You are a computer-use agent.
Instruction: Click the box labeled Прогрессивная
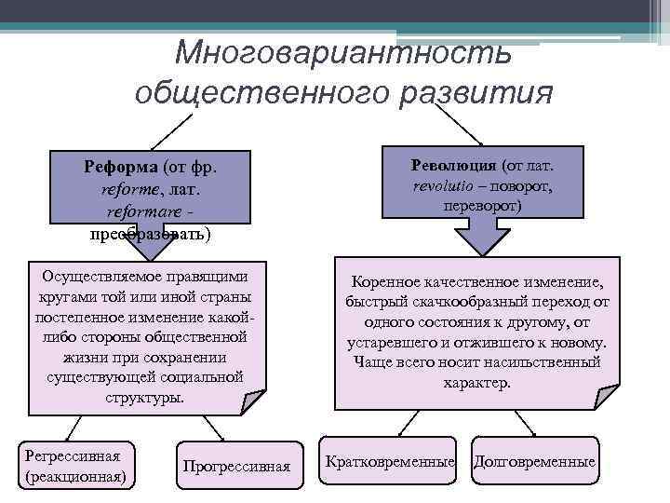236,466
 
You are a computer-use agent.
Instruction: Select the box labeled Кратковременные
389,462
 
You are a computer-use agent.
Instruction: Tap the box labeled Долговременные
534,462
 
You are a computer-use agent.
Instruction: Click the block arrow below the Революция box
482,236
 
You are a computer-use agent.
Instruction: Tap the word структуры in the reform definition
145,397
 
